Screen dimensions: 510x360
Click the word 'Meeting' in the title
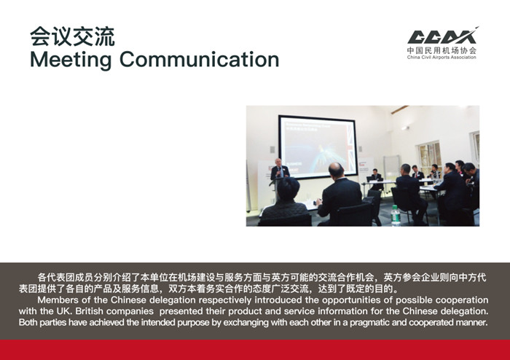71,60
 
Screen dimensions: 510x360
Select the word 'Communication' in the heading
200,59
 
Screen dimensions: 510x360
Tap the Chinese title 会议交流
72,36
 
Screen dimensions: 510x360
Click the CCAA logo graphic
443,36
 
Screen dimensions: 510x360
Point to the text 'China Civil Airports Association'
442,58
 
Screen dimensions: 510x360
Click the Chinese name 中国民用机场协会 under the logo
442,50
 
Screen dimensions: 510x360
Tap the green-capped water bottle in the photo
396,215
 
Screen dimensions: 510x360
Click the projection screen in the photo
318,146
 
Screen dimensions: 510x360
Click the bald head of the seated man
336,170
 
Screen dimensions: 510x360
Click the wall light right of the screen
404,128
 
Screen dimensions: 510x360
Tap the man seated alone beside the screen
376,179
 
